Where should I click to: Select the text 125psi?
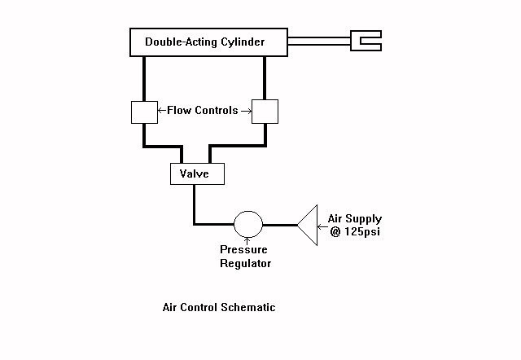click(x=361, y=231)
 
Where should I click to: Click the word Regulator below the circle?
click(x=246, y=263)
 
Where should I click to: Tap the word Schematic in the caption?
click(x=247, y=307)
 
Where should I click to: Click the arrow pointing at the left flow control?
click(x=162, y=110)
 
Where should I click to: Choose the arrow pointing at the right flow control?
click(x=246, y=111)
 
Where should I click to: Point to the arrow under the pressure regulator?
click(x=247, y=240)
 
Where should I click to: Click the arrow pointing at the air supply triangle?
click(x=322, y=227)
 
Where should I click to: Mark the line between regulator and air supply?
click(x=280, y=225)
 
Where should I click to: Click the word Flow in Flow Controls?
click(x=179, y=110)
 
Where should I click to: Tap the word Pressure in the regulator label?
click(x=243, y=249)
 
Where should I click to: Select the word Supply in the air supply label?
click(x=364, y=219)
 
